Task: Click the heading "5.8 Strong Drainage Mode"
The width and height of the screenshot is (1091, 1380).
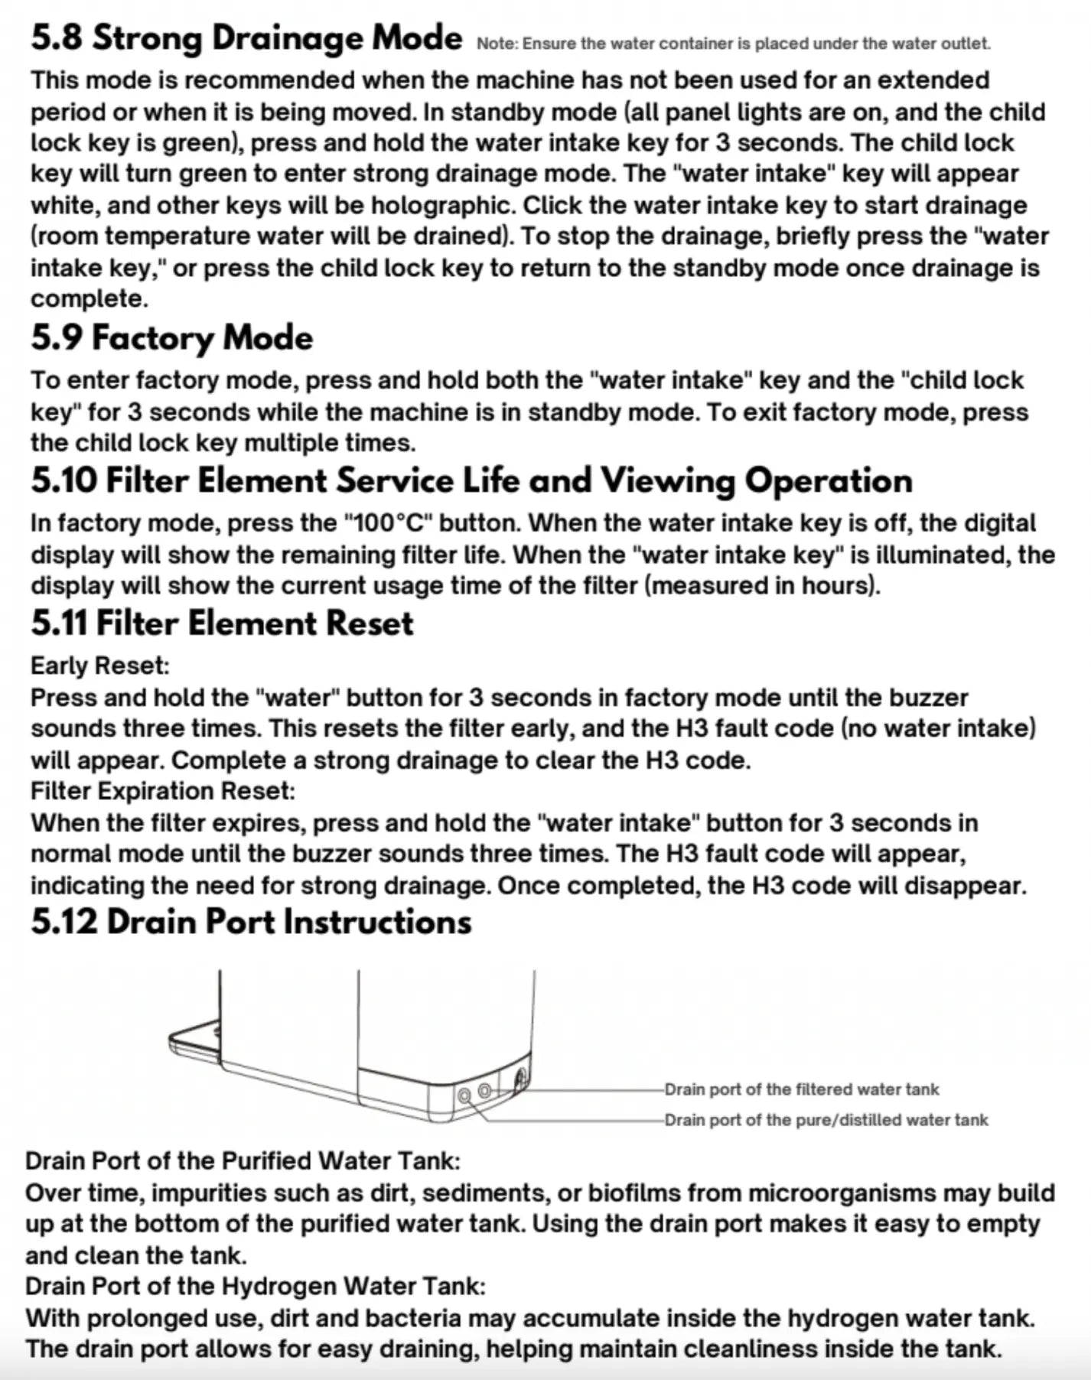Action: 246,38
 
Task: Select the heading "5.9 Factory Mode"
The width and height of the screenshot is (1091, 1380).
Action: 172,338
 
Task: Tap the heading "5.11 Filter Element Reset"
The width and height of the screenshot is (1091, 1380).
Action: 222,623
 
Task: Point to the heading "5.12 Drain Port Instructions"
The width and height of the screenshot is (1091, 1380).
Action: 251,922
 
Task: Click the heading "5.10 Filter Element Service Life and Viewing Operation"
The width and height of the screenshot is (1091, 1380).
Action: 471,481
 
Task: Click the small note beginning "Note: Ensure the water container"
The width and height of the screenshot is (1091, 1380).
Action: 733,44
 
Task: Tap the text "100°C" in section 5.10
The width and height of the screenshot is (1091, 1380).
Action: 389,523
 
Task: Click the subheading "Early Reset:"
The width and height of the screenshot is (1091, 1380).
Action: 99,666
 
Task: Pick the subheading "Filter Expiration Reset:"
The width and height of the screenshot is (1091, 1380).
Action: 162,790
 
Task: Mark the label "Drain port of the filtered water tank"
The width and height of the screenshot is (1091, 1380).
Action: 801,1089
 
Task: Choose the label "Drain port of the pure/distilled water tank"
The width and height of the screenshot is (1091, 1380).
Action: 826,1120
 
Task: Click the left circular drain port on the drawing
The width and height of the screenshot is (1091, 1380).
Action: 464,1095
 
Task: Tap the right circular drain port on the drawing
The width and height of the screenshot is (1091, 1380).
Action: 484,1091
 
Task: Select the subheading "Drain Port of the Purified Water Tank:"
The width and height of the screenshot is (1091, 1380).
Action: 243,1160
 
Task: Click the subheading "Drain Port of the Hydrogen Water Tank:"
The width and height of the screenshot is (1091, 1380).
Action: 255,1286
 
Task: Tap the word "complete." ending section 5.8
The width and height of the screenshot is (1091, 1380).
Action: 90,298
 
